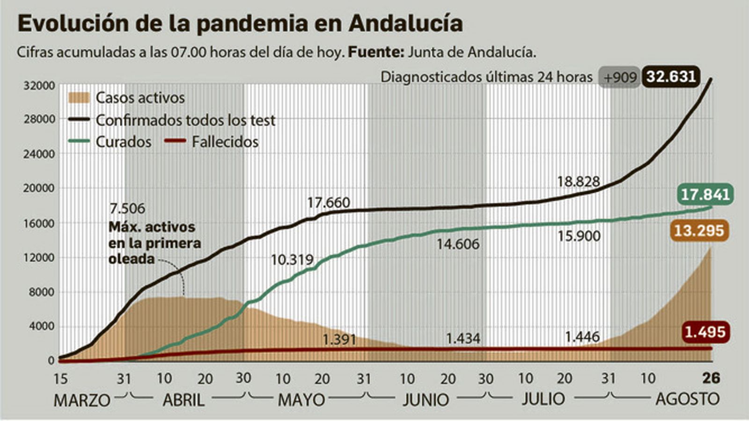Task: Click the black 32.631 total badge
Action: click(671, 77)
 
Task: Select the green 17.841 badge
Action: click(705, 194)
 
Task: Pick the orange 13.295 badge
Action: click(699, 230)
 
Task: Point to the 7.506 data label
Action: click(127, 208)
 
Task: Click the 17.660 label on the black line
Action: click(328, 203)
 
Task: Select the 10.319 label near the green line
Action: click(292, 259)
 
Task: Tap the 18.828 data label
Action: click(578, 181)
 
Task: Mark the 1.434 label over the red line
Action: click(463, 338)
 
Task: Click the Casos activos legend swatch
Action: click(79, 98)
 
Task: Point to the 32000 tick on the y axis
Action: click(39, 86)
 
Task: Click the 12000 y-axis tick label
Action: click(39, 258)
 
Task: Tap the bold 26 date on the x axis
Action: click(711, 378)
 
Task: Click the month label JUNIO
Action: click(426, 400)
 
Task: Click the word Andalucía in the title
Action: click(406, 23)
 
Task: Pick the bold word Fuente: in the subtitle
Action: click(376, 52)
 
